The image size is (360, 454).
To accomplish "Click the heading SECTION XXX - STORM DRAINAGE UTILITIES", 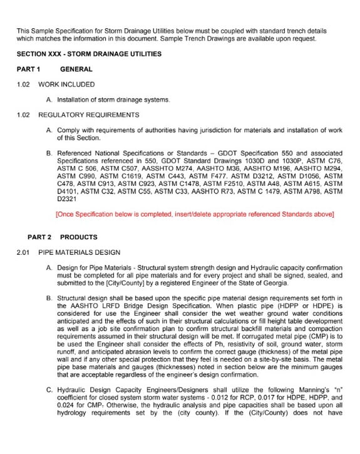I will click(x=89, y=54).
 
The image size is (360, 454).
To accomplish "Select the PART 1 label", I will click(x=29, y=70).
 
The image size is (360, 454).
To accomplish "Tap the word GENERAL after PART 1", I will click(x=76, y=70).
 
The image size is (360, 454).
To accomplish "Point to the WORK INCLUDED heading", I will click(x=66, y=85).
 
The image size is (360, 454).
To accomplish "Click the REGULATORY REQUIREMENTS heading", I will click(x=89, y=115).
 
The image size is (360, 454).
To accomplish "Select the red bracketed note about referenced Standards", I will click(x=195, y=215).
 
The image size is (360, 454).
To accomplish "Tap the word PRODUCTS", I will click(x=79, y=237).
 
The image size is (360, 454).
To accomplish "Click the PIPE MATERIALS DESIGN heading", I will click(x=79, y=252).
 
